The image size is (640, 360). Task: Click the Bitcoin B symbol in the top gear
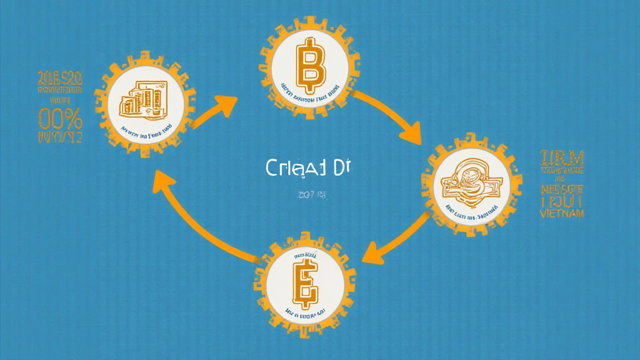308,62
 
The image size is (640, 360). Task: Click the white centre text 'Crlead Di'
306,168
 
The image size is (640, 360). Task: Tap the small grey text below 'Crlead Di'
312,195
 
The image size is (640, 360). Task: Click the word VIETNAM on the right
562,213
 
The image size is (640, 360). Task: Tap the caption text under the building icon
146,132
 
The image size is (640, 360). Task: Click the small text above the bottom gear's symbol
304,257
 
